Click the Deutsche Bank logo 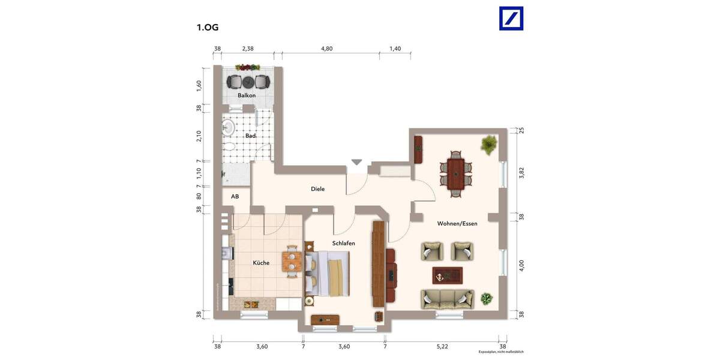(x=511, y=18)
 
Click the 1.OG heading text (x=208, y=27)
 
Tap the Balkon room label (x=247, y=95)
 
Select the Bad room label (x=250, y=136)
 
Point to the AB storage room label (x=235, y=196)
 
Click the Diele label (x=317, y=189)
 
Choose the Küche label (x=261, y=263)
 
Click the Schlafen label (x=344, y=243)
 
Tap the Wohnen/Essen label (x=457, y=223)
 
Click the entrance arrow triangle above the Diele (x=357, y=162)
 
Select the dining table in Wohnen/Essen (x=456, y=173)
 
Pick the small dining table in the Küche (x=292, y=260)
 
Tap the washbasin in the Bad (x=228, y=127)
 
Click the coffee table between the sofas (x=447, y=275)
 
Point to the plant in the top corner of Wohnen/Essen (x=489, y=144)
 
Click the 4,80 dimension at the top (x=326, y=49)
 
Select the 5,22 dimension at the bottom (x=442, y=346)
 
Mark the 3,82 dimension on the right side (x=521, y=173)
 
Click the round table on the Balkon (x=247, y=82)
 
